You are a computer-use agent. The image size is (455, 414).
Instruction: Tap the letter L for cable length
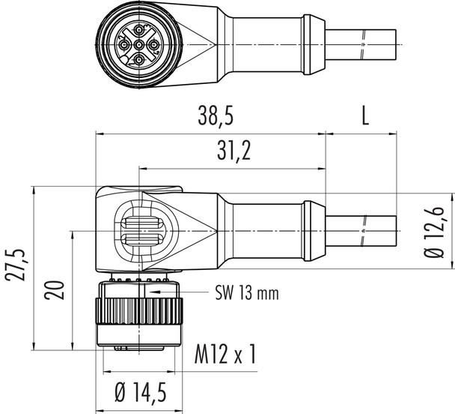point(365,116)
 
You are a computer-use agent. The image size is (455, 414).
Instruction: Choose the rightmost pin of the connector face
point(156,44)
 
